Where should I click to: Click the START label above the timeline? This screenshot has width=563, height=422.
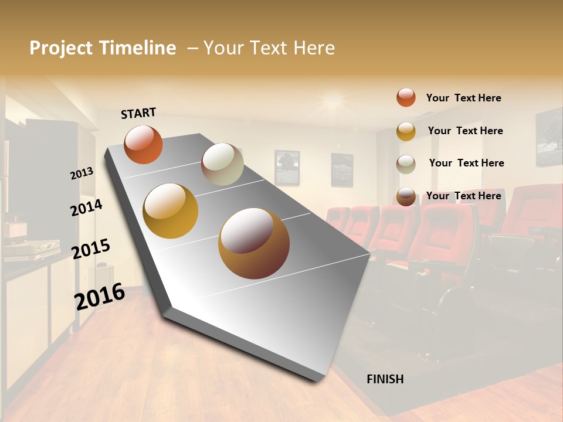tap(138, 113)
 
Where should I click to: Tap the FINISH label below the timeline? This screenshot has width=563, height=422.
tap(385, 379)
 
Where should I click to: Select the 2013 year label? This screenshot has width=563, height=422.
tap(82, 173)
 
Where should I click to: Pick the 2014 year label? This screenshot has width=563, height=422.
tap(87, 207)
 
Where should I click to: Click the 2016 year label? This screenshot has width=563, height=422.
tap(100, 297)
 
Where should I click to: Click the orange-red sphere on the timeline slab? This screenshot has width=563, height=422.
tap(143, 145)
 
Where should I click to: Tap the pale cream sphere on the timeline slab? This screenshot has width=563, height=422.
tap(222, 164)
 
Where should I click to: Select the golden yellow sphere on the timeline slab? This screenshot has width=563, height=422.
tap(171, 211)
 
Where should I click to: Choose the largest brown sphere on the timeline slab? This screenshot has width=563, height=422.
tap(254, 243)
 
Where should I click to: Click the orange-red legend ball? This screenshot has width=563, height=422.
tap(406, 97)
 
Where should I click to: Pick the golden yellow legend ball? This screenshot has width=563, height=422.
tap(406, 131)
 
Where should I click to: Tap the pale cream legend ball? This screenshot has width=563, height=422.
tap(406, 164)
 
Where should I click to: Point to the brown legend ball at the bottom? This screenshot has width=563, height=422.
tap(406, 197)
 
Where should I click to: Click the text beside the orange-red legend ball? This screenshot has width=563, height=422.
tap(463, 98)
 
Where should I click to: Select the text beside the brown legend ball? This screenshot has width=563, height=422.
tap(463, 196)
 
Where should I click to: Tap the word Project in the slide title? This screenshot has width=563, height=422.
tap(62, 48)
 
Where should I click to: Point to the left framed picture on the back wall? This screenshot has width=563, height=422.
tap(287, 167)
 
